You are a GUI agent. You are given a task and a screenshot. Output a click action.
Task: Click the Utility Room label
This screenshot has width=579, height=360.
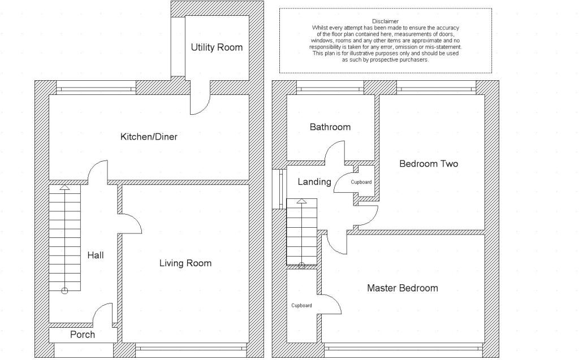click(x=217, y=47)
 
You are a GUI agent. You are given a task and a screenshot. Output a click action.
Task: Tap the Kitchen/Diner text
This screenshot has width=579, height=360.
click(x=149, y=137)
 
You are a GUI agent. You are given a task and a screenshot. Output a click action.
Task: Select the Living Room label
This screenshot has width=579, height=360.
click(x=185, y=263)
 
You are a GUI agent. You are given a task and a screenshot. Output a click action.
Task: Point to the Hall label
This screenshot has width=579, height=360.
click(x=96, y=255)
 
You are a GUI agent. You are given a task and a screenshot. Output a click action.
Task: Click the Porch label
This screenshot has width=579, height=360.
click(x=83, y=335)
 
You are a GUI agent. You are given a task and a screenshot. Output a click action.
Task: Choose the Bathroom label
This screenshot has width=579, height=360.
click(x=330, y=127)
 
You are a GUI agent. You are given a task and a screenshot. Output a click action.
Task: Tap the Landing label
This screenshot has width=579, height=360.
click(x=314, y=181)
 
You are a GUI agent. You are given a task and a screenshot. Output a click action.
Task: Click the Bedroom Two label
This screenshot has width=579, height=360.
click(x=429, y=164)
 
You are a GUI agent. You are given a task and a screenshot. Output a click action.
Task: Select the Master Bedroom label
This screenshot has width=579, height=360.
click(x=402, y=288)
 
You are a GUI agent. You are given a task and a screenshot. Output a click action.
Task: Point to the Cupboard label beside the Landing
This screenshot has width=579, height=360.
click(x=361, y=182)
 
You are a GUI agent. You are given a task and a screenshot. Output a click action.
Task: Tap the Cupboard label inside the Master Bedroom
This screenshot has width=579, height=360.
click(x=301, y=306)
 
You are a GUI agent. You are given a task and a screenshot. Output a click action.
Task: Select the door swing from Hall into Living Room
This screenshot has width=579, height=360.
click(x=131, y=223)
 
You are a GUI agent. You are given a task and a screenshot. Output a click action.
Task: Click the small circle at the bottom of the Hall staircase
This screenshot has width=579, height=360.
click(x=64, y=290)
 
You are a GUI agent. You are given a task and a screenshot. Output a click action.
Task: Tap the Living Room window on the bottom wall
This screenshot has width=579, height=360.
click(x=192, y=347)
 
